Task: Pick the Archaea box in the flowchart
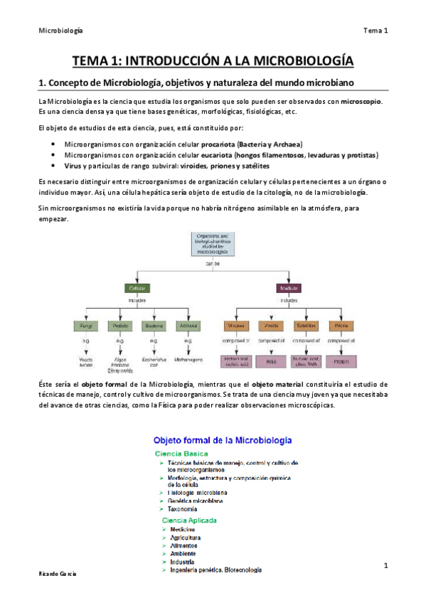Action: (x=188, y=326)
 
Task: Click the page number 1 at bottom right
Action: (x=385, y=565)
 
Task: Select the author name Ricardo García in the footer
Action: (x=57, y=573)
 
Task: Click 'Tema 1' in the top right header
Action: (x=375, y=30)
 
